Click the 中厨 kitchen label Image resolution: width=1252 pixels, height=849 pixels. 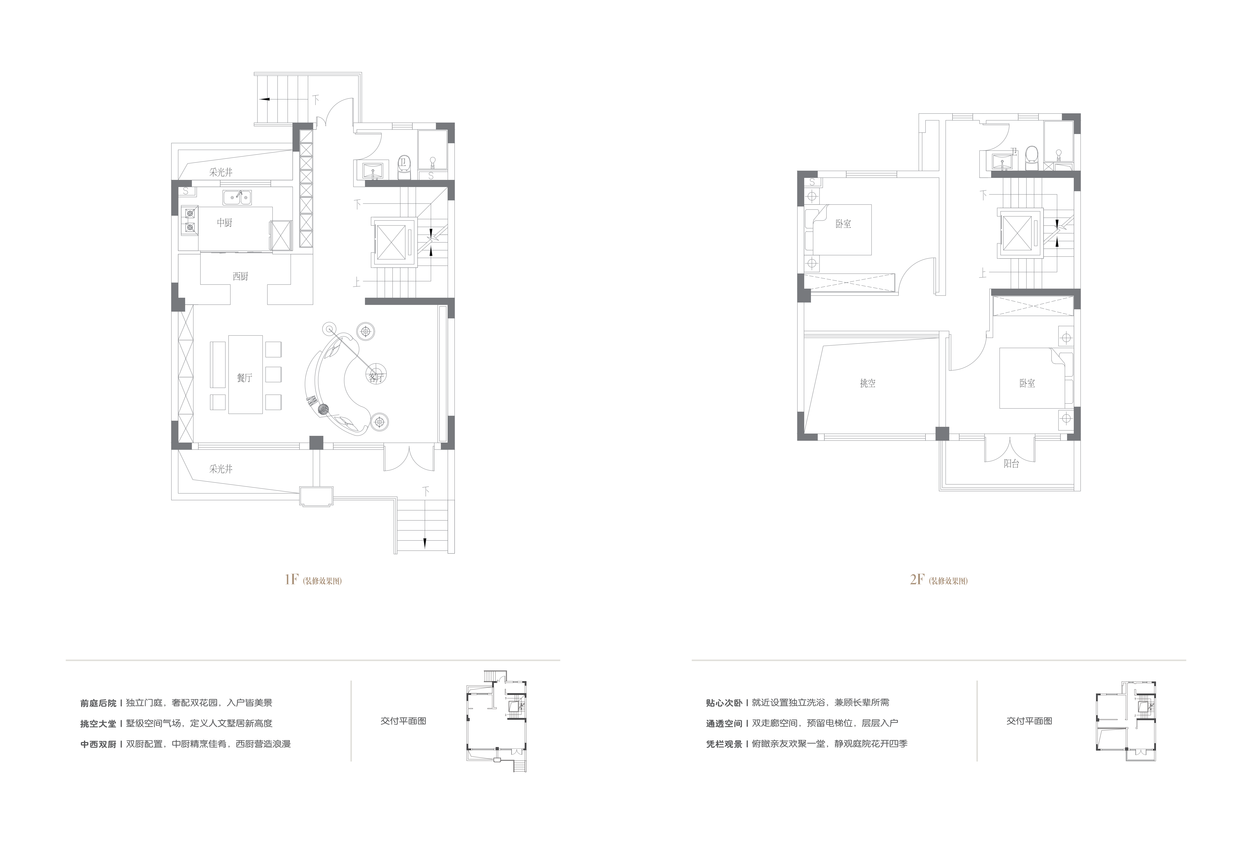[225, 222]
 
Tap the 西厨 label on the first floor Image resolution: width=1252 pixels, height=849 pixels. [241, 276]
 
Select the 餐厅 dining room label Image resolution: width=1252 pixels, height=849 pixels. [244, 378]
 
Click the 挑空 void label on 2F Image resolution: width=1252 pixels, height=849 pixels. [868, 383]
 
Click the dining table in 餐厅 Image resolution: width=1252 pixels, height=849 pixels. [246, 375]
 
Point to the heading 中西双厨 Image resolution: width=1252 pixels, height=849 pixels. [98, 744]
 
